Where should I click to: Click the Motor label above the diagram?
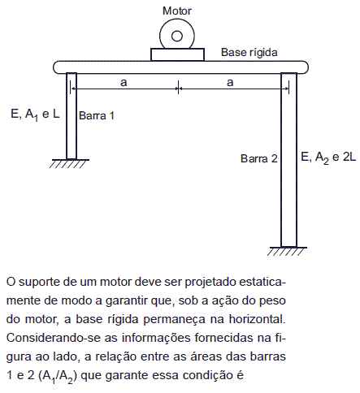pyautogui.click(x=177, y=11)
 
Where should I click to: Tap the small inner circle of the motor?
pyautogui.click(x=177, y=36)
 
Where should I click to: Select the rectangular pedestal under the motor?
pyautogui.click(x=177, y=54)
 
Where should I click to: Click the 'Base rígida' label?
pyautogui.click(x=249, y=53)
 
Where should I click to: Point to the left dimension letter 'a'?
pyautogui.click(x=124, y=83)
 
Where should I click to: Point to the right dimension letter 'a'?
pyautogui.click(x=230, y=82)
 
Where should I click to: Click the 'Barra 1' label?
pyautogui.click(x=97, y=116)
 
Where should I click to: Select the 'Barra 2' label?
pyautogui.click(x=259, y=158)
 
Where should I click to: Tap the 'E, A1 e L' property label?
pyautogui.click(x=35, y=114)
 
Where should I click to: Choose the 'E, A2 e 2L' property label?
pyautogui.click(x=328, y=158)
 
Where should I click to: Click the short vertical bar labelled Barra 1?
pyautogui.click(x=72, y=116)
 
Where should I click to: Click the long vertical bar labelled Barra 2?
pyautogui.click(x=288, y=160)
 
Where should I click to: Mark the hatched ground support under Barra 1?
pyautogui.click(x=70, y=163)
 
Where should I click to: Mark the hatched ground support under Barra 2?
pyautogui.click(x=287, y=251)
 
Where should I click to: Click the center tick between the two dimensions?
pyautogui.click(x=178, y=88)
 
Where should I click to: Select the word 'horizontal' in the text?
pyautogui.click(x=257, y=319)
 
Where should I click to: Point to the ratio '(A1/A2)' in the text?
pyautogui.click(x=58, y=376)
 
